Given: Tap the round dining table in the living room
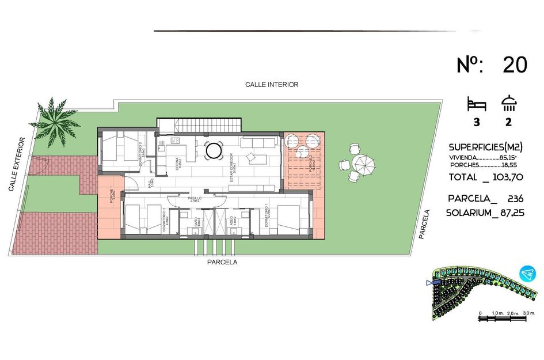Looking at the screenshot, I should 214,151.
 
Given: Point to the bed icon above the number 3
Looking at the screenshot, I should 477,104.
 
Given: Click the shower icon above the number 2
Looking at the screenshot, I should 509,103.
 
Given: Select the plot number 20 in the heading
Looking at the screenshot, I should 515,65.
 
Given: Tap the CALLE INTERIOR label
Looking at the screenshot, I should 272,85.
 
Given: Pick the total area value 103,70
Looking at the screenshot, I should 505,177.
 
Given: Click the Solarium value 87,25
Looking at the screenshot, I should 507,213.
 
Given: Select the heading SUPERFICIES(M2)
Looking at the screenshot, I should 485,147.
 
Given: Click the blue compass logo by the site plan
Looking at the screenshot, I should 527,274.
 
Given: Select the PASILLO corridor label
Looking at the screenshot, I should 195,198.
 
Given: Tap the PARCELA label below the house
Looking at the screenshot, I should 222,262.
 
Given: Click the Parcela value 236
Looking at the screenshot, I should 515,198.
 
